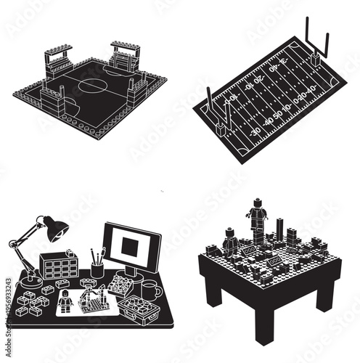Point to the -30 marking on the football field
tap(255, 131)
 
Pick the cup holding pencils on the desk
tap(97, 269)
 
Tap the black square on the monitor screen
tap(131, 246)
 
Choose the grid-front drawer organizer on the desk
tap(59, 266)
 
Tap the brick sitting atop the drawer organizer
tap(70, 252)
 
